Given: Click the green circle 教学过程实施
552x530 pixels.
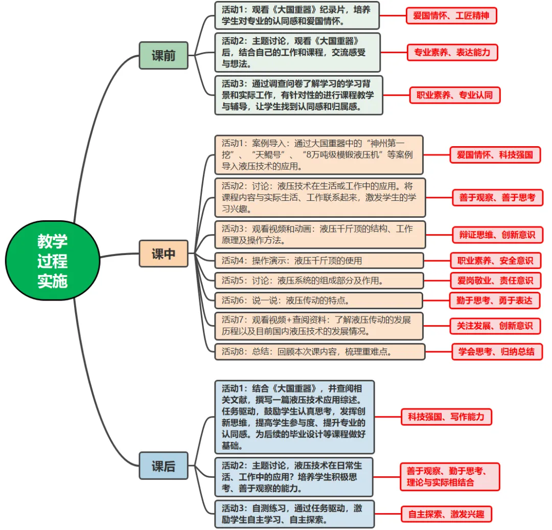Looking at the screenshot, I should pyautogui.click(x=52, y=261).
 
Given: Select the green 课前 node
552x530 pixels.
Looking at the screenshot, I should pyautogui.click(x=164, y=56).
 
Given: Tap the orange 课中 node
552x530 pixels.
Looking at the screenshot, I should pyautogui.click(x=164, y=254).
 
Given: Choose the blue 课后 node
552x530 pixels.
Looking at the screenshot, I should pyautogui.click(x=164, y=466).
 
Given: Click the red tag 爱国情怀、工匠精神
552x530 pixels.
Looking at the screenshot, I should pyautogui.click(x=451, y=16).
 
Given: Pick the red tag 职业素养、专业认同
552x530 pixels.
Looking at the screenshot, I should pyautogui.click(x=454, y=96).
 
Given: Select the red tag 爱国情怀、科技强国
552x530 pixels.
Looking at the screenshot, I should pyautogui.click(x=495, y=155).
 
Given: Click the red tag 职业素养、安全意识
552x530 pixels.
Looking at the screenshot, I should pyautogui.click(x=495, y=261).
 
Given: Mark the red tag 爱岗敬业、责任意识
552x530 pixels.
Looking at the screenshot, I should pyautogui.click(x=495, y=281).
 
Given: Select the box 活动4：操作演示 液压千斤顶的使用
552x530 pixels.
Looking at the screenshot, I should pyautogui.click(x=319, y=261).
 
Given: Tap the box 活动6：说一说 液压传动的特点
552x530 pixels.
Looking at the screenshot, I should pyautogui.click(x=318, y=301).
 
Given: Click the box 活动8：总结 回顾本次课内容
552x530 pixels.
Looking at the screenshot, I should pyautogui.click(x=319, y=352).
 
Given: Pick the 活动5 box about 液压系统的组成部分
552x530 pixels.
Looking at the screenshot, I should pyautogui.click(x=319, y=281).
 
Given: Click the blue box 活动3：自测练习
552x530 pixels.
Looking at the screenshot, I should pyautogui.click(x=294, y=514).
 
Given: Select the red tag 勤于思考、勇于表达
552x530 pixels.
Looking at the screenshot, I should pyautogui.click(x=494, y=301).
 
